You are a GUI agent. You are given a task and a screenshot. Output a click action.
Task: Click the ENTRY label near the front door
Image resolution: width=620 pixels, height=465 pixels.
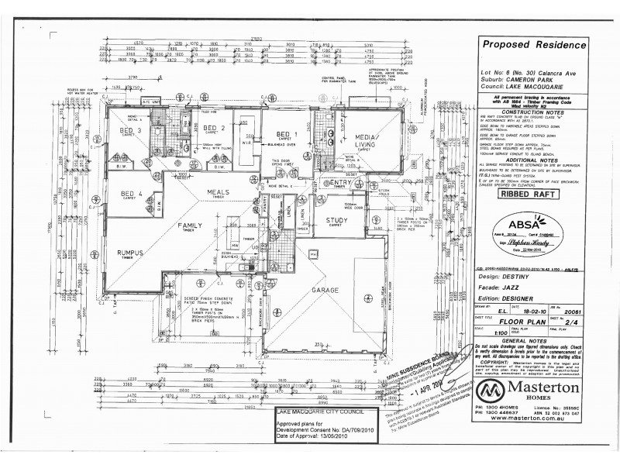click(x=339, y=182)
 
